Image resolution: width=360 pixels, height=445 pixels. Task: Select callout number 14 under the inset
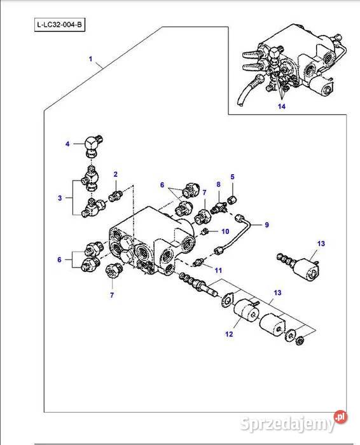[x=281, y=106]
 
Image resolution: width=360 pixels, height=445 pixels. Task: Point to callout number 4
[x=67, y=144]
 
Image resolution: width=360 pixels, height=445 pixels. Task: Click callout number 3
[x=60, y=198]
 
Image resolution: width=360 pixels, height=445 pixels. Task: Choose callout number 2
[x=116, y=174]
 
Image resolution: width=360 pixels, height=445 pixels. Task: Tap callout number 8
[x=218, y=184]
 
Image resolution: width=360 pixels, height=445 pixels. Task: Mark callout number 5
[x=232, y=176]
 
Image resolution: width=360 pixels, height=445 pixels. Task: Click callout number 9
[x=267, y=224]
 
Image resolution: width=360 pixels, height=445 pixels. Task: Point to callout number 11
[x=218, y=271]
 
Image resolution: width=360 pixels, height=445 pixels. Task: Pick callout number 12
[x=230, y=334]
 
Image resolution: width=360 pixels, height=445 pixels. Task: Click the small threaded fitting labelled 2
[x=115, y=193]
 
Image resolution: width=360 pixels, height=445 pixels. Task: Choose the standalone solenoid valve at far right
[x=301, y=264]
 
